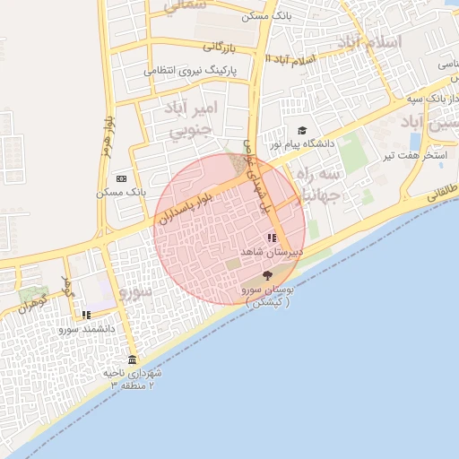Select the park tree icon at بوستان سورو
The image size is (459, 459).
[x=266, y=277]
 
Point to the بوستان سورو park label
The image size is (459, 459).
[x=269, y=297]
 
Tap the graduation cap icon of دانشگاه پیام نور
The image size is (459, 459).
[x=301, y=131]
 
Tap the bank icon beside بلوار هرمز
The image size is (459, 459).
[x=121, y=178]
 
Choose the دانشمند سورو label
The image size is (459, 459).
[x=88, y=329]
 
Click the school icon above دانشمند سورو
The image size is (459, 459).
[x=86, y=315]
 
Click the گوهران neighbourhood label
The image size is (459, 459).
[x=28, y=302]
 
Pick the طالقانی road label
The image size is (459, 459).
[x=441, y=189]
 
